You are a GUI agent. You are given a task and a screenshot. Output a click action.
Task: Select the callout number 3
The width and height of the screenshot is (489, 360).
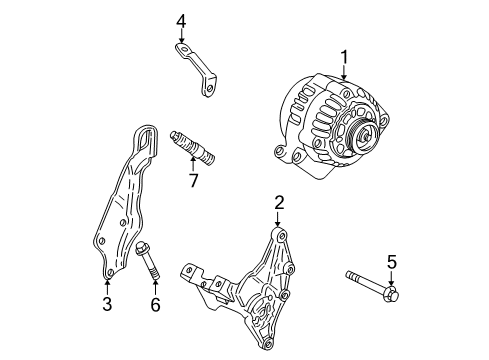pos(107,305)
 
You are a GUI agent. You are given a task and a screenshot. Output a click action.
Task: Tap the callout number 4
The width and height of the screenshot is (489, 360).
pos(181,20)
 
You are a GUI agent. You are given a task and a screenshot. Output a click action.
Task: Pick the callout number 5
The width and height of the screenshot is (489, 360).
pos(392,261)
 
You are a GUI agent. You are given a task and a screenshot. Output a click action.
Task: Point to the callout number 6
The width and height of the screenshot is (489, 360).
pos(155,305)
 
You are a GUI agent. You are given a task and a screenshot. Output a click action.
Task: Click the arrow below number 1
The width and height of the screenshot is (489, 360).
pos(343,73)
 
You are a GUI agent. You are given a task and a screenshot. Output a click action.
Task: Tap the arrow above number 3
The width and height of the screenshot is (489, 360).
pos(107,286)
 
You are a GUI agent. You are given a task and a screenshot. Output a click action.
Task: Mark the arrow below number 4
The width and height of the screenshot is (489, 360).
pos(181,38)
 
